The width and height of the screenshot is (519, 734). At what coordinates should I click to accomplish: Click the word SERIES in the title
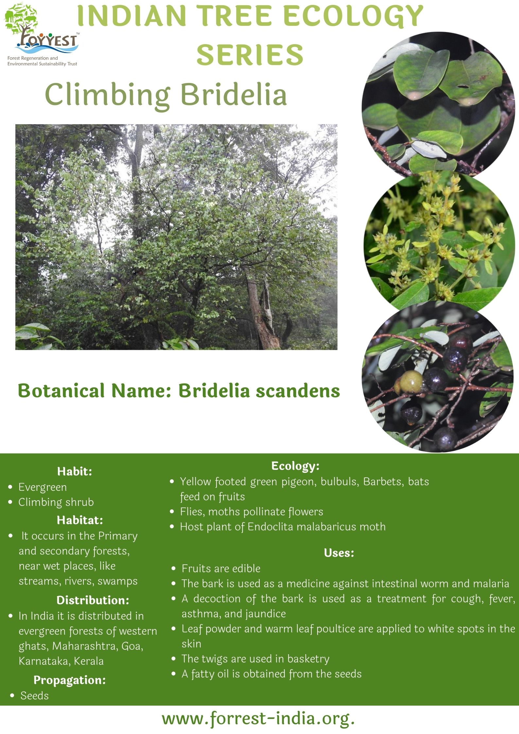click(250, 54)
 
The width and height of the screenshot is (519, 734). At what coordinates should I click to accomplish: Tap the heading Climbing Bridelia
click(166, 95)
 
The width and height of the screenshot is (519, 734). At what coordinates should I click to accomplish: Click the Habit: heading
click(75, 471)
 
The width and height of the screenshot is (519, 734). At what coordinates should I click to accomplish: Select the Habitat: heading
click(80, 520)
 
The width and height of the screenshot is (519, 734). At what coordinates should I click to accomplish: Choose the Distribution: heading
click(93, 600)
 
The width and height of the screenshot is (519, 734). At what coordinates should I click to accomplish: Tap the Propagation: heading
click(70, 680)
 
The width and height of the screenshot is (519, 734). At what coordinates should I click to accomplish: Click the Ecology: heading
click(295, 466)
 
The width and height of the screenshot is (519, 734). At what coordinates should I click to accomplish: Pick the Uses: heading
click(339, 553)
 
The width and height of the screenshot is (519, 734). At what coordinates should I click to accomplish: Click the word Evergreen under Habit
click(43, 487)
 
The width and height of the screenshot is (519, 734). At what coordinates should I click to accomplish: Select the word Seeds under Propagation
click(35, 695)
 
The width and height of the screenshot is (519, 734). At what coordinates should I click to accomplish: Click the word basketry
click(308, 658)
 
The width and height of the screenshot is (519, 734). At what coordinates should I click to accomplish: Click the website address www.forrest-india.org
click(258, 719)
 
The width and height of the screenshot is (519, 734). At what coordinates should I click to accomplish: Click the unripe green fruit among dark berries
click(410, 382)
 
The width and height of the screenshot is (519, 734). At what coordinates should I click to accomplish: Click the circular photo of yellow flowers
click(439, 242)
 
